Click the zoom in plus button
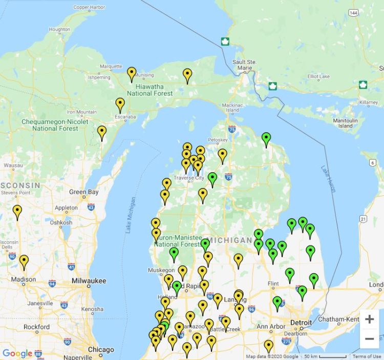[369, 320]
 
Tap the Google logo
[17, 353]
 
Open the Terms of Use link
[367, 356]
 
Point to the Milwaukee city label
[89, 281]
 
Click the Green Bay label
[84, 192]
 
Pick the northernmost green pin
[266, 138]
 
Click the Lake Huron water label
[328, 179]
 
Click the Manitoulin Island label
[346, 123]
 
